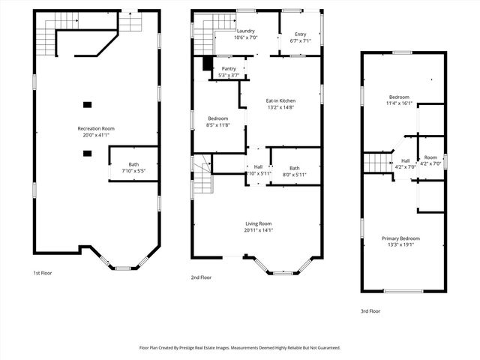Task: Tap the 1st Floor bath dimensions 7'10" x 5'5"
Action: point(133,171)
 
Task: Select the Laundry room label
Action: point(245,31)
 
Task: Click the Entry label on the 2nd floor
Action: point(300,34)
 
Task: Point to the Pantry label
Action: point(228,68)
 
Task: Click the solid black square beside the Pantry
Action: point(208,64)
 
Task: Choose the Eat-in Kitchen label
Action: point(280,100)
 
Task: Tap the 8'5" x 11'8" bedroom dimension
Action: point(217,125)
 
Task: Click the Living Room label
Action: point(258,223)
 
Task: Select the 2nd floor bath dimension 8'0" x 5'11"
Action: point(295,175)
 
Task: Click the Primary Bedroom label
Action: point(404,238)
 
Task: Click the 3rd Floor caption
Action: point(370,310)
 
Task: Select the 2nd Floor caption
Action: point(201,277)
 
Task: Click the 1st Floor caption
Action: point(43,273)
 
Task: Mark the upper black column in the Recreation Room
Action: point(87,104)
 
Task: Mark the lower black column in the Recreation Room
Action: point(87,153)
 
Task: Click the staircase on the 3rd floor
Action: point(374,161)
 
